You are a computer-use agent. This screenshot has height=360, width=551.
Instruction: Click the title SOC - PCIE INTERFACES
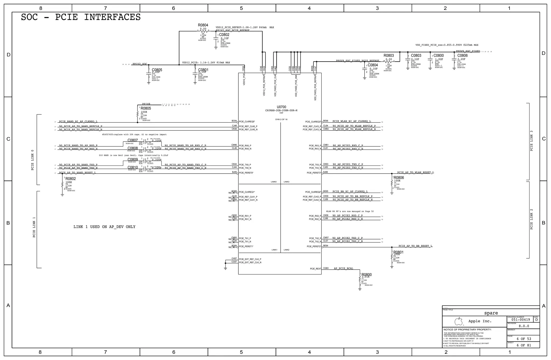pyautogui.click(x=81, y=17)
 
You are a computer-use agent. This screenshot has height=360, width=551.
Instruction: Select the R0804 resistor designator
pyautogui.click(x=203, y=25)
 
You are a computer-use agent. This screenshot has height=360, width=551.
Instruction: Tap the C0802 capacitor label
pyautogui.click(x=224, y=35)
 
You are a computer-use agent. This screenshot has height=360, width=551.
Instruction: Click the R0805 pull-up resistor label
pyautogui.click(x=146, y=108)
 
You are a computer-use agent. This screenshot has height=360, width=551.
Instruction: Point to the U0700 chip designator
pyautogui.click(x=281, y=107)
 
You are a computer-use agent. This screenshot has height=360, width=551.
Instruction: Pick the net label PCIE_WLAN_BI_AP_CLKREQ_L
pyautogui.click(x=351, y=121)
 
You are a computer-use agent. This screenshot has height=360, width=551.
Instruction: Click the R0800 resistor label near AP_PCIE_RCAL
pyautogui.click(x=366, y=275)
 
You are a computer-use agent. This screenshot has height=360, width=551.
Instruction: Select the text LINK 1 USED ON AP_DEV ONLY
pyautogui.click(x=104, y=227)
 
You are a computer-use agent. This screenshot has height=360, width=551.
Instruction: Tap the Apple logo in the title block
pyautogui.click(x=458, y=321)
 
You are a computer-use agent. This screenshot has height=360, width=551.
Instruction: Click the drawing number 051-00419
pyautogui.click(x=521, y=320)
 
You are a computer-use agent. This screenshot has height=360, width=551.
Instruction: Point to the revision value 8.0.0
pyautogui.click(x=524, y=326)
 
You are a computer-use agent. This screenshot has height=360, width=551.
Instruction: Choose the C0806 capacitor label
pyautogui.click(x=462, y=56)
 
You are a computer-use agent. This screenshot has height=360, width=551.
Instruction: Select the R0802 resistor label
pyautogui.click(x=71, y=179)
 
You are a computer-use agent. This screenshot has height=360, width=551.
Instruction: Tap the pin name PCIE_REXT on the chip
pyautogui.click(x=315, y=269)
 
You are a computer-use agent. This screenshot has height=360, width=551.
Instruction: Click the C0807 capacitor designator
pyautogui.click(x=133, y=140)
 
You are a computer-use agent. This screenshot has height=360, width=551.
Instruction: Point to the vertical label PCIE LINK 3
pyautogui.click(x=531, y=141)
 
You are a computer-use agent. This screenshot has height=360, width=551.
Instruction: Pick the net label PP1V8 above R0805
pyautogui.click(x=146, y=104)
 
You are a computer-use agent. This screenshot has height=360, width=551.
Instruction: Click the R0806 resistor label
pyautogui.click(x=399, y=178)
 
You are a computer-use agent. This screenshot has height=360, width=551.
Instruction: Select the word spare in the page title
pyautogui.click(x=491, y=313)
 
